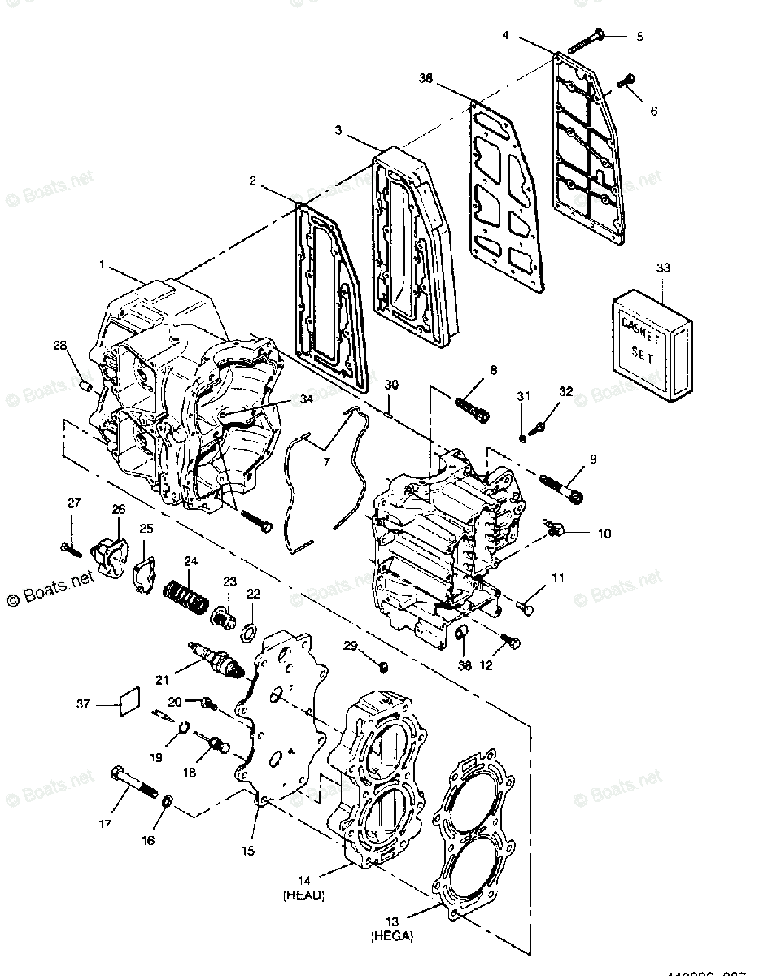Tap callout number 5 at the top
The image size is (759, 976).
tap(639, 37)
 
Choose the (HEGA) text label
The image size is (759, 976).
tap(393, 936)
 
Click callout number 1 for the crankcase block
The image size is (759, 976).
tap(103, 265)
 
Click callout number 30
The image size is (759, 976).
tap(391, 385)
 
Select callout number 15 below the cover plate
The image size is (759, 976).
tap(248, 851)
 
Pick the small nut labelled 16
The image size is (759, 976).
tap(167, 801)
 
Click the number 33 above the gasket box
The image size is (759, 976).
tap(663, 268)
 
